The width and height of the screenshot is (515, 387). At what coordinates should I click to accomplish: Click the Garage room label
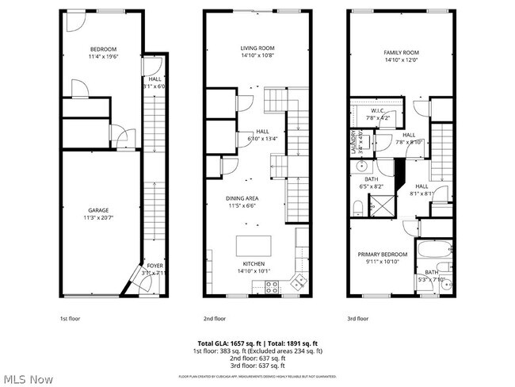pos(97,210)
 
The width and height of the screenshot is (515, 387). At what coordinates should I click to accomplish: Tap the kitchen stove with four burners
pos(271,287)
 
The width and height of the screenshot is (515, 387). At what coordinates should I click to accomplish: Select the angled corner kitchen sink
pos(299,280)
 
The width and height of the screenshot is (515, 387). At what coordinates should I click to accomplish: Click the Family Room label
pos(401,52)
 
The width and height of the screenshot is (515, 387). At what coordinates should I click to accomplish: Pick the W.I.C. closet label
pos(378,112)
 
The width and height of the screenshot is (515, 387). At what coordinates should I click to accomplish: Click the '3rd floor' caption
pos(357,319)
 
